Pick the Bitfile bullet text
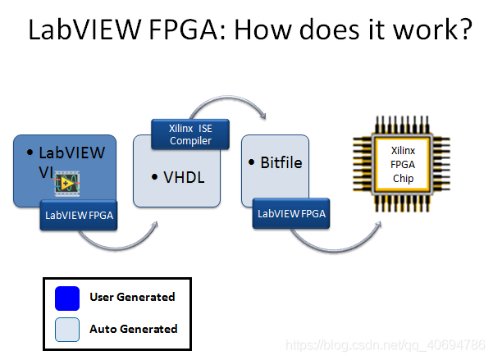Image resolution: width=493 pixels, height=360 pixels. tap(278, 162)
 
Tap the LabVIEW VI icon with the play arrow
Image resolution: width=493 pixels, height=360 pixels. tap(68, 185)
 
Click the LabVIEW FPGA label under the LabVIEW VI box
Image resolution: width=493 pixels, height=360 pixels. tap(79, 215)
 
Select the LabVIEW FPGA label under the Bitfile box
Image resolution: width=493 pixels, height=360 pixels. tap(291, 214)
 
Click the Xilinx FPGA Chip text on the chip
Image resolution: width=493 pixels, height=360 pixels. tap(402, 165)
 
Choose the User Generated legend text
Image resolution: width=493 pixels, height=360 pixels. tap(132, 297)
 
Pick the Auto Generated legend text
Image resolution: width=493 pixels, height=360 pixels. tap(133, 329)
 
